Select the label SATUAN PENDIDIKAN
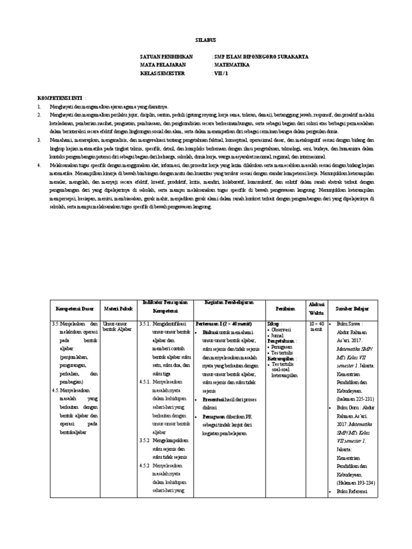pyautogui.click(x=166, y=56)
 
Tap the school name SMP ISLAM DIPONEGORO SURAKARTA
pyautogui.click(x=261, y=56)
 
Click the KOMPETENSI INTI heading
pyautogui.click(x=58, y=99)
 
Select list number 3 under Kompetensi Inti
pyautogui.click(x=39, y=139)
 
